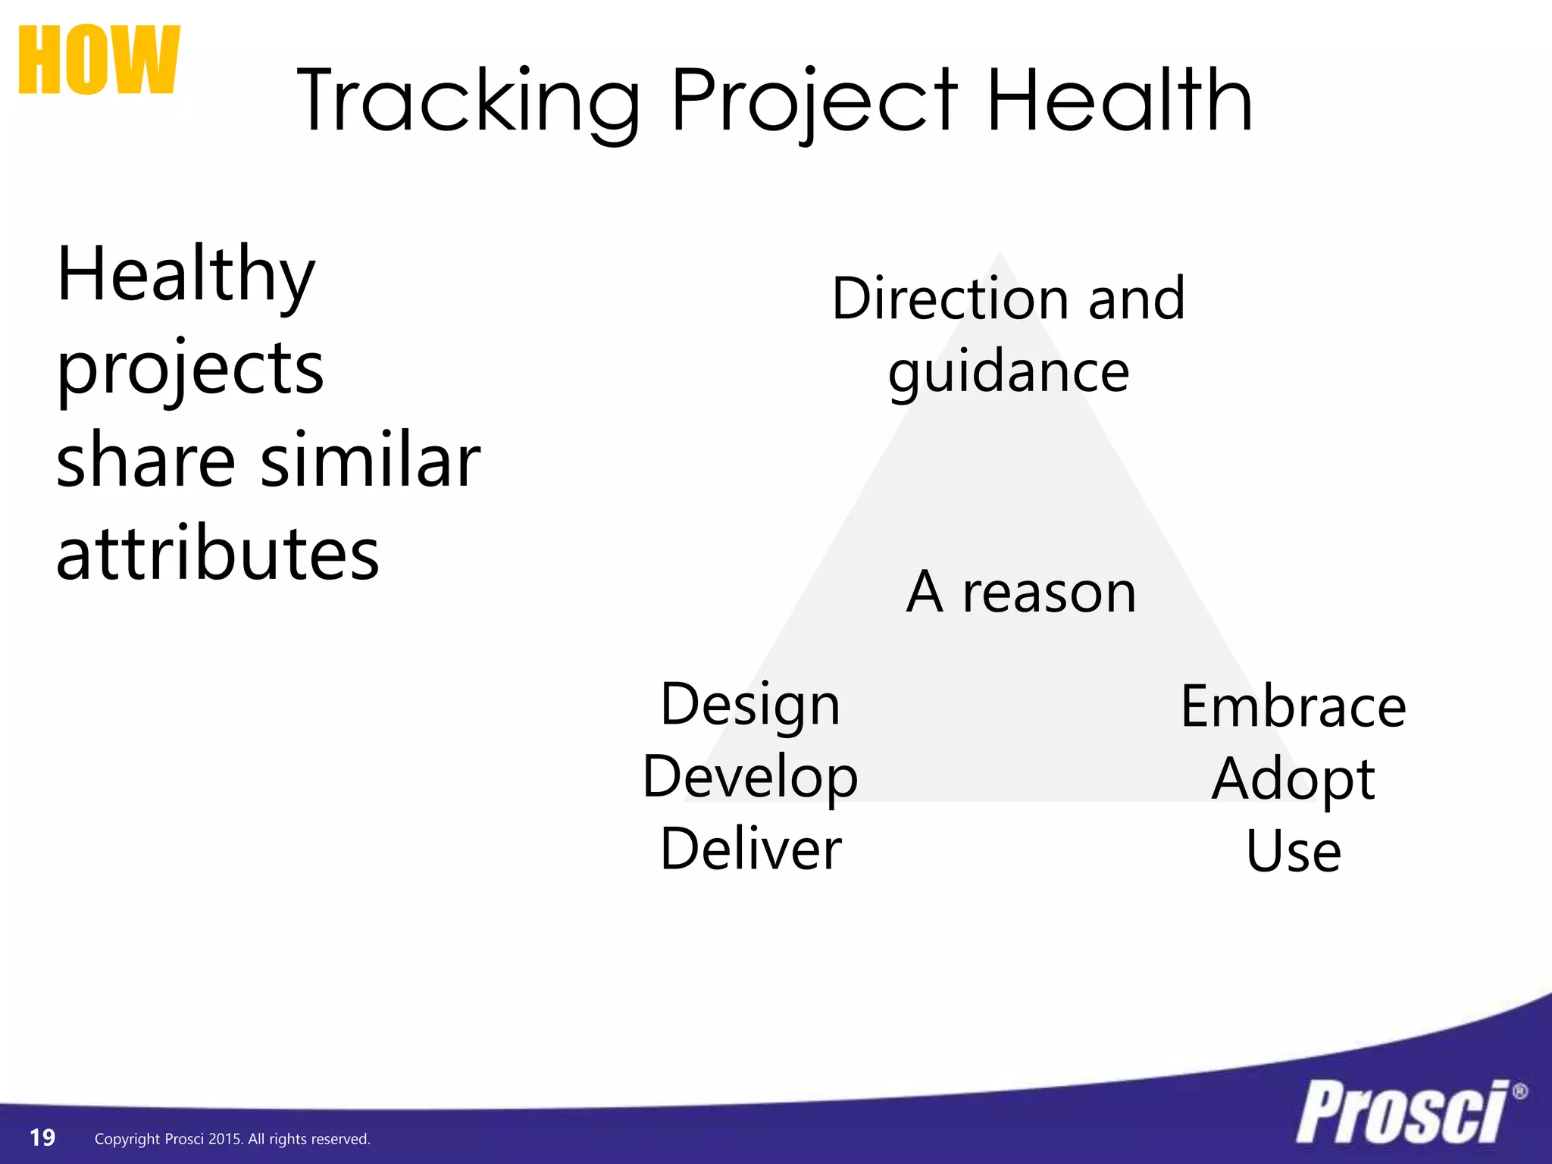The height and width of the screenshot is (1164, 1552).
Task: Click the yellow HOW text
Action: pyautogui.click(x=99, y=61)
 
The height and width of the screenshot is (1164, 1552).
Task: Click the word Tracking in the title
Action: pyautogui.click(x=468, y=102)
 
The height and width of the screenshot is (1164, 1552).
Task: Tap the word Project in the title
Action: pyautogui.click(x=815, y=102)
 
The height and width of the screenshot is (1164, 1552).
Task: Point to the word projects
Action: pyautogui.click(x=190, y=370)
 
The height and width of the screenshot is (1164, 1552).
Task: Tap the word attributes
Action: pyautogui.click(x=217, y=555)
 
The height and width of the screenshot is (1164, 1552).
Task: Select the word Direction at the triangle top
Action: pyautogui.click(x=950, y=299)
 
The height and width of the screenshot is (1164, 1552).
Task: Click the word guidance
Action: pyautogui.click(x=1009, y=373)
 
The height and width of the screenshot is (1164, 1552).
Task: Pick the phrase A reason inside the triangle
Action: pyautogui.click(x=1021, y=592)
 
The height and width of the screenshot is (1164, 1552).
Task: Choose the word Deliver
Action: pyautogui.click(x=750, y=849)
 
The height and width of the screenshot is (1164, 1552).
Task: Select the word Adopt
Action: pyautogui.click(x=1293, y=779)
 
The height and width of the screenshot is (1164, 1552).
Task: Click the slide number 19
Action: pyautogui.click(x=42, y=1137)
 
